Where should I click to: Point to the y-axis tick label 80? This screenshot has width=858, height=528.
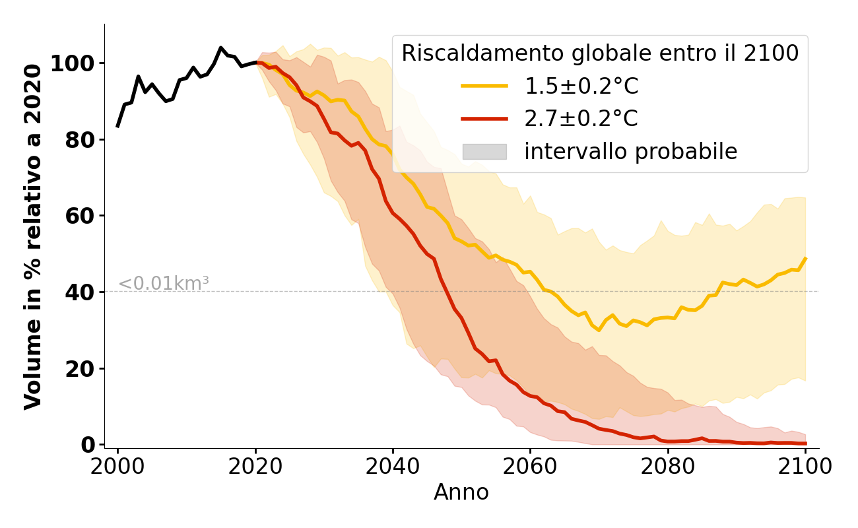tap(81, 140)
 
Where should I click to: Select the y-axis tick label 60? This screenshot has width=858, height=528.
tap(81, 216)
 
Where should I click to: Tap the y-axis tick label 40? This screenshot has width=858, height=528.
tap(81, 292)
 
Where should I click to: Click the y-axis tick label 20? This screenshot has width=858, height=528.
tap(81, 368)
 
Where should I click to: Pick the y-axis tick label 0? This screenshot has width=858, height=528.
tap(88, 445)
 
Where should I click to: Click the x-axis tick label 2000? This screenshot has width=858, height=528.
tap(118, 467)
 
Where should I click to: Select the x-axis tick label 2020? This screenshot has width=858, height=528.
tap(255, 467)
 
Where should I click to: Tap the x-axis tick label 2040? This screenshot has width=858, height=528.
tap(393, 467)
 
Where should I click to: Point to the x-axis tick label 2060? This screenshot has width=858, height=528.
tap(531, 467)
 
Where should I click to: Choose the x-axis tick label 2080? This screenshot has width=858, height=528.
tap(668, 467)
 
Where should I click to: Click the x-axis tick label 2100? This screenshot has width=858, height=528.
tap(805, 467)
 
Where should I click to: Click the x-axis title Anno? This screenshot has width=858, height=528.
tap(461, 492)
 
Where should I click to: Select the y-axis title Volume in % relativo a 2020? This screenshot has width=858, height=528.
tap(33, 236)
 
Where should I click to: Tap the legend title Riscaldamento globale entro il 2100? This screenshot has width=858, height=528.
tap(600, 53)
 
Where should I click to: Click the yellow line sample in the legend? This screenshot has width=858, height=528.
tap(484, 86)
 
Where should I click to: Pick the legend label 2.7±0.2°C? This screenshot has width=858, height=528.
tap(581, 119)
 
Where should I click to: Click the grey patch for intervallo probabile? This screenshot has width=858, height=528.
tap(484, 152)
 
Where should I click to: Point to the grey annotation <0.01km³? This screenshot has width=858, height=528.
tap(163, 284)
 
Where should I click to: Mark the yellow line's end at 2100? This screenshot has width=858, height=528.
tap(805, 259)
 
